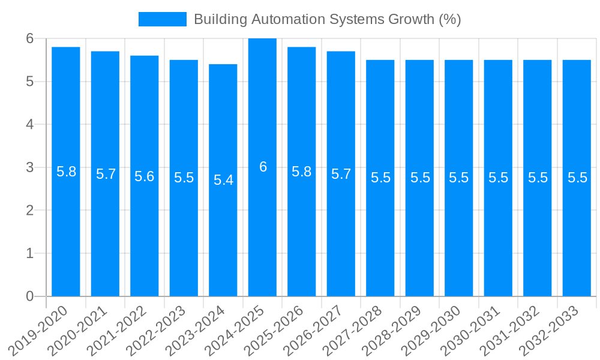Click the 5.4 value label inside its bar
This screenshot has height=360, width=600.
click(223, 180)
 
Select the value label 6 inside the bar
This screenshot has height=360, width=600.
click(263, 167)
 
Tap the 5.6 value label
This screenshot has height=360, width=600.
click(144, 176)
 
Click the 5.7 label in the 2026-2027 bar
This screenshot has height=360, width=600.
click(341, 174)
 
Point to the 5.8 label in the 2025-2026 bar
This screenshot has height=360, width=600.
click(301, 172)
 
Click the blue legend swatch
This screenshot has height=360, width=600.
click(162, 19)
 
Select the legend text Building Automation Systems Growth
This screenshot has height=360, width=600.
click(327, 19)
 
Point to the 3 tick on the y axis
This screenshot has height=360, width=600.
click(30, 167)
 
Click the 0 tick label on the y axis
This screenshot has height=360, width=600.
click(30, 296)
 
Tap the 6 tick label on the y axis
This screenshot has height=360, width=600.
click(30, 38)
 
